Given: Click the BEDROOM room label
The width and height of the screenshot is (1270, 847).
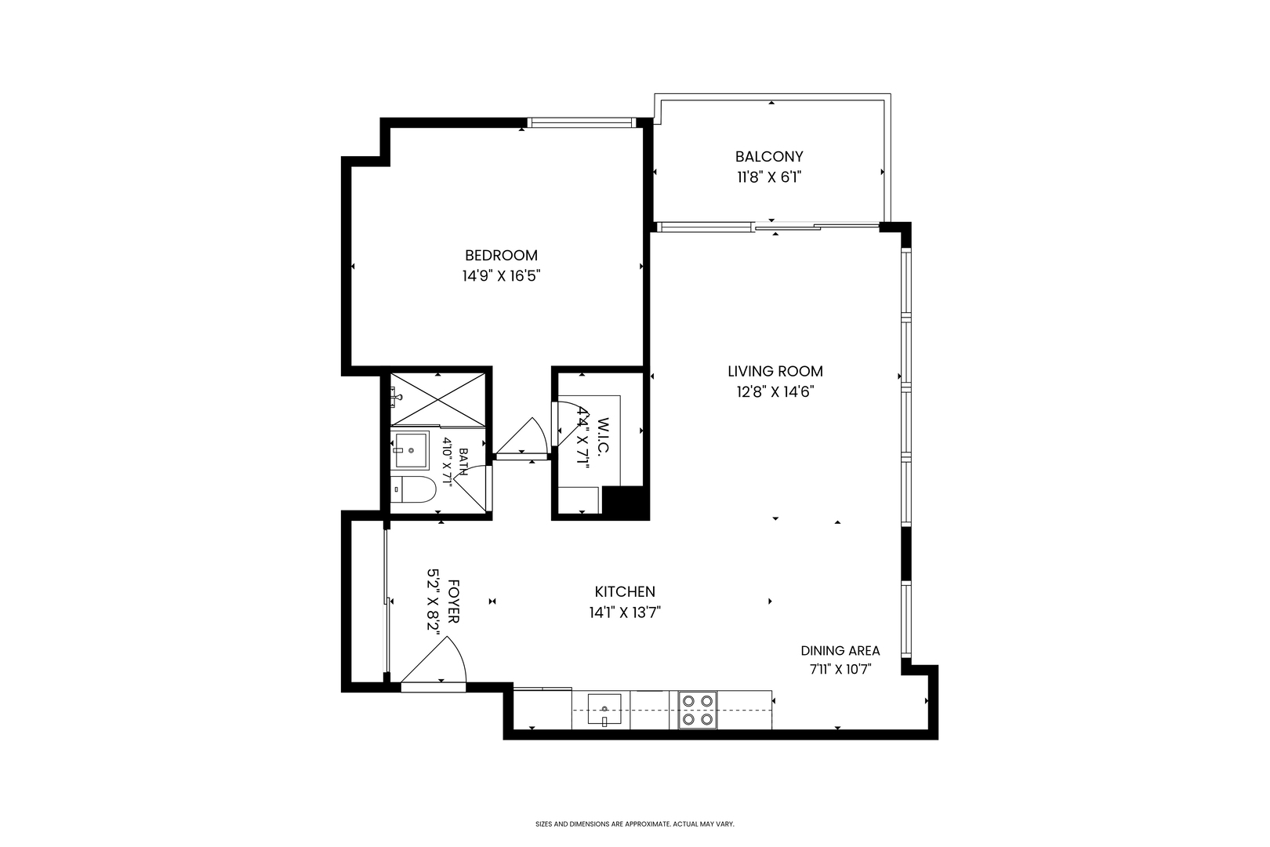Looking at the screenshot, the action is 501,256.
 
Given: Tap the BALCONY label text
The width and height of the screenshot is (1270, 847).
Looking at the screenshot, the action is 769,157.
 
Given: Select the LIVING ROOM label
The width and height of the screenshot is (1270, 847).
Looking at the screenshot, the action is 775,372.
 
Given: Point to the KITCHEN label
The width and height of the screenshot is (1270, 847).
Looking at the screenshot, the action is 625,591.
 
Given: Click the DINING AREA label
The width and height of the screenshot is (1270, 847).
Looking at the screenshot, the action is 840,651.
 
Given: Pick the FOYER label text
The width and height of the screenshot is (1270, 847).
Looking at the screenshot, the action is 453,602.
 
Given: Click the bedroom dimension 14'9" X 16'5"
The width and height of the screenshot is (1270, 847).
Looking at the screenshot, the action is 501,276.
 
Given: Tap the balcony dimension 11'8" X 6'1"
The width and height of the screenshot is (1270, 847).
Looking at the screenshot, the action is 769,177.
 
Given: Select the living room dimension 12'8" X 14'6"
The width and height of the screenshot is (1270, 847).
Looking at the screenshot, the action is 775,392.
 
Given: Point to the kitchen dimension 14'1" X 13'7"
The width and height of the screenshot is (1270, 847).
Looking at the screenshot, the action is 625,613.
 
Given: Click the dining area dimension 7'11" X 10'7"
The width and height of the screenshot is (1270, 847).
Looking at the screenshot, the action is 840,670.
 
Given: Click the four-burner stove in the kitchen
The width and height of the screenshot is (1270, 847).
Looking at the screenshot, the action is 698,710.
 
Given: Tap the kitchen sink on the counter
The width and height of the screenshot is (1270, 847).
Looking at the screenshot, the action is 604,710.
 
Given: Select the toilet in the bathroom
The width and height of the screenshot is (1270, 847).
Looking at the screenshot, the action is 413,489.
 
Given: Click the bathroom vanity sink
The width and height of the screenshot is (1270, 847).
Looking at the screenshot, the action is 411,450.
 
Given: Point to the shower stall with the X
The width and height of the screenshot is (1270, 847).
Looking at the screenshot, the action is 437,399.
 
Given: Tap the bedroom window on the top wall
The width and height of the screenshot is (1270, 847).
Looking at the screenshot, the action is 582,122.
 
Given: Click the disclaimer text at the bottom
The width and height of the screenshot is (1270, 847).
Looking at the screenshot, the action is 635,823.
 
